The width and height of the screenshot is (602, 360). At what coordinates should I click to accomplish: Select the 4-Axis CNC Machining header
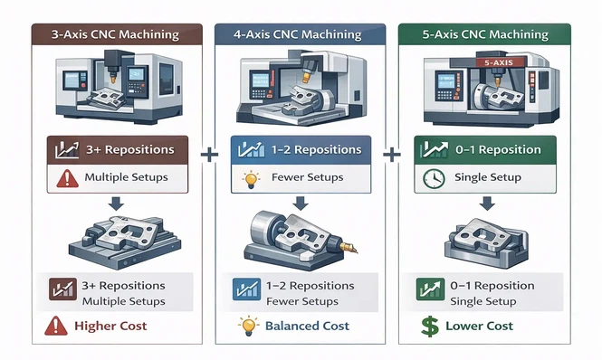[301, 35]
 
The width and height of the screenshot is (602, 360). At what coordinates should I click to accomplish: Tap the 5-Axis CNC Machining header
[486, 35]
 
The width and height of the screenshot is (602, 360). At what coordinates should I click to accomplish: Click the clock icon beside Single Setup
[432, 177]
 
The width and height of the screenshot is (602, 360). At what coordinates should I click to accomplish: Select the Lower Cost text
[479, 326]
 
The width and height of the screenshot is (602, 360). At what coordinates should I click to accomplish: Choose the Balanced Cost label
[305, 326]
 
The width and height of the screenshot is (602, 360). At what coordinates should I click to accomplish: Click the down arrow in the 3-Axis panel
[118, 204]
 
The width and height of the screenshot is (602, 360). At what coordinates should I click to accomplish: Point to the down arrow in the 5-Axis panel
[486, 204]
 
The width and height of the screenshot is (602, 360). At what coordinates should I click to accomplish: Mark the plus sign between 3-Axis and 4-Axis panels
[209, 155]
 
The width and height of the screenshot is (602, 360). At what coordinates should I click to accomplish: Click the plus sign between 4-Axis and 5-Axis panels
[393, 155]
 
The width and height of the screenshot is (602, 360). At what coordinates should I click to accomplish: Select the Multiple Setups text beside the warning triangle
[126, 177]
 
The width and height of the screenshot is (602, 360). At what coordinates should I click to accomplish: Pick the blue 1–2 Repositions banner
[301, 149]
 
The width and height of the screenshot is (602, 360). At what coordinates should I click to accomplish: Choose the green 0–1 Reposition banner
[485, 149]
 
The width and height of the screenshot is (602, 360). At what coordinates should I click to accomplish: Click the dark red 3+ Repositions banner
[118, 149]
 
